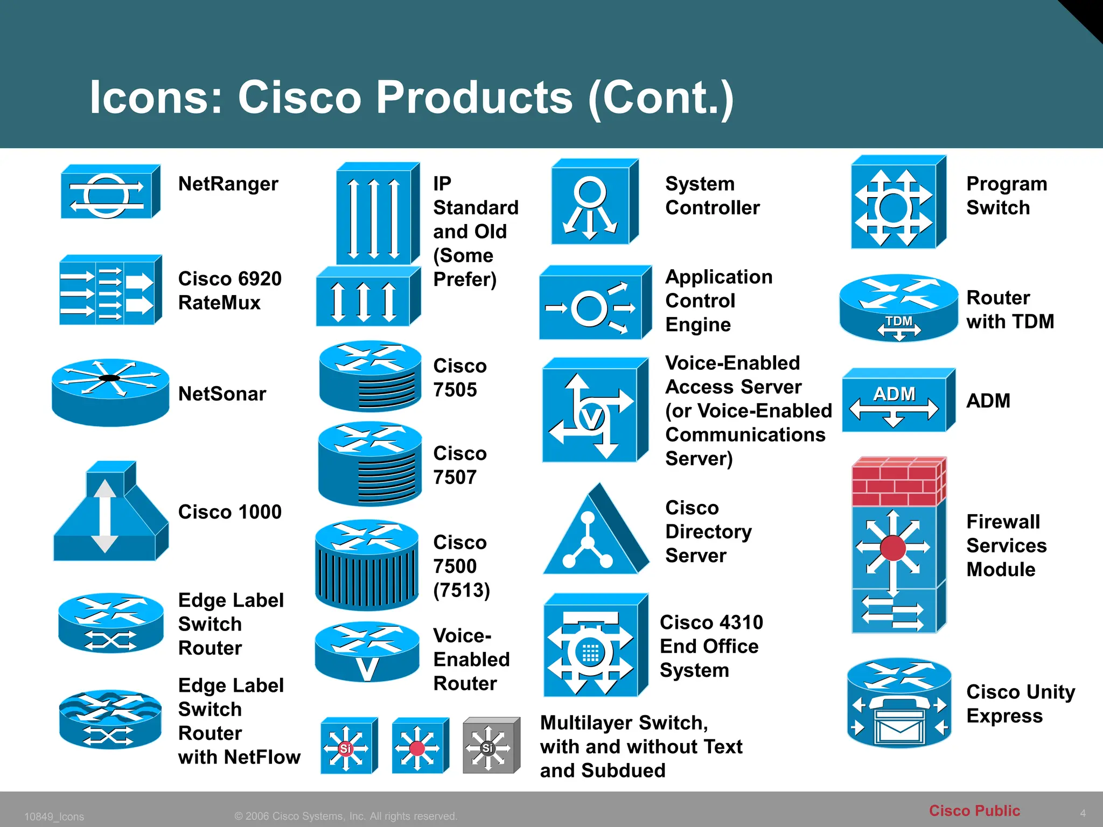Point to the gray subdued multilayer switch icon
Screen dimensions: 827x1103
tap(491, 746)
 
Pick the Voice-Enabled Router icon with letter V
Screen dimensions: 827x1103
tap(367, 652)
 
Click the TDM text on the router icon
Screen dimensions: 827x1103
tap(899, 321)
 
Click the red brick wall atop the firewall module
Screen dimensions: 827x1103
tap(898, 482)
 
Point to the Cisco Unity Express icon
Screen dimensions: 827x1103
tap(899, 703)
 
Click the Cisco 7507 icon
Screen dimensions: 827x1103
tap(369, 464)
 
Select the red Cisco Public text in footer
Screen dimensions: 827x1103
tap(974, 810)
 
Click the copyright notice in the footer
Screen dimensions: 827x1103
tap(346, 816)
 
